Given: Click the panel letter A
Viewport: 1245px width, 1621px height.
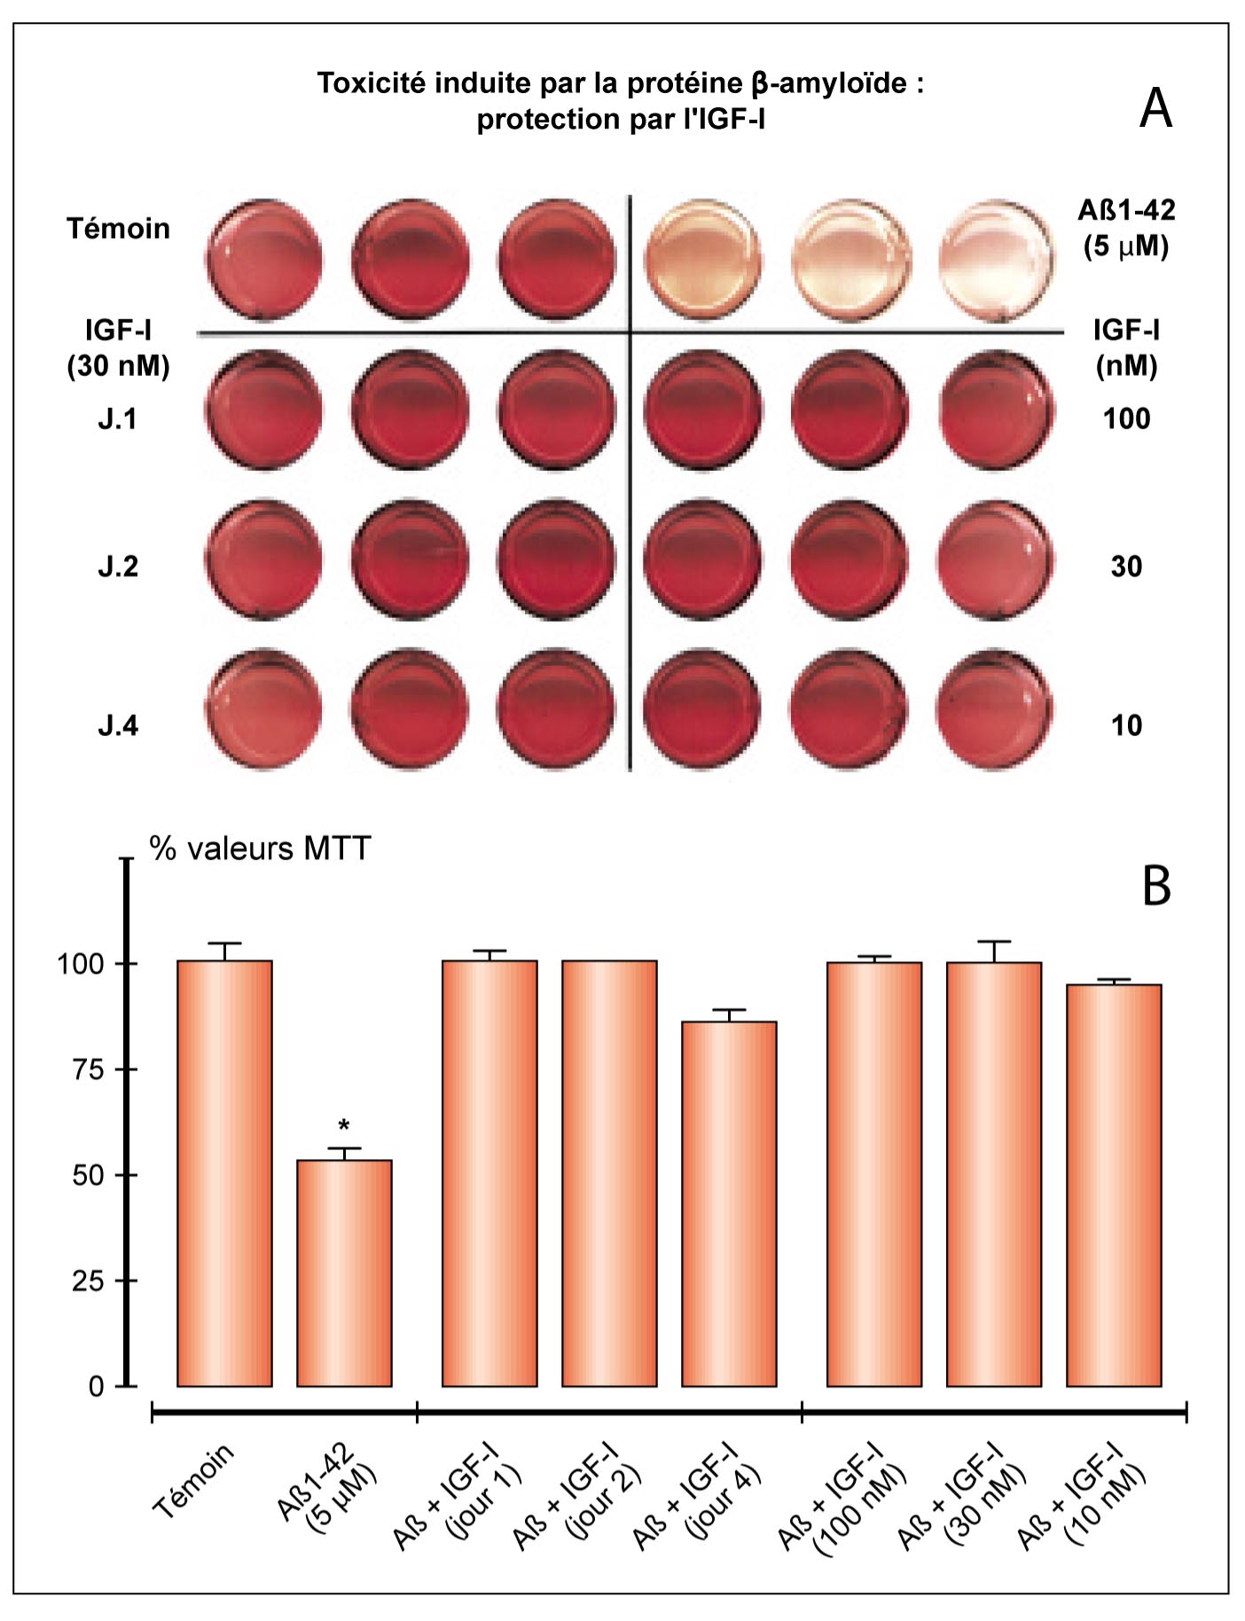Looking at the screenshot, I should coord(1155,109).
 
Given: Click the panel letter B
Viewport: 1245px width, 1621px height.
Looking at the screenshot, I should coord(1156,885).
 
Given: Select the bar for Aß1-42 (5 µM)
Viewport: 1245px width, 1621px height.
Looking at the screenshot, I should coord(344,1272).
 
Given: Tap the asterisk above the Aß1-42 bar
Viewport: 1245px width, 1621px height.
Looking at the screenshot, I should coord(344,1127).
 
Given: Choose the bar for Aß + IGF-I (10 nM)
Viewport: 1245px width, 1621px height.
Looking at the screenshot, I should coord(1114,1185).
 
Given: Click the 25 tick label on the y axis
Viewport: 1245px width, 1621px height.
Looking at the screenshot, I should coord(89,1280).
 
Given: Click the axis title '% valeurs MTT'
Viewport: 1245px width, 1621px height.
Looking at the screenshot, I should coord(260,849).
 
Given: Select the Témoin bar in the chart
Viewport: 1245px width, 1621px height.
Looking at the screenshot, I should coord(224,1172).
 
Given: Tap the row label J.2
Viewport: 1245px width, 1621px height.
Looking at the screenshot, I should coord(118,566).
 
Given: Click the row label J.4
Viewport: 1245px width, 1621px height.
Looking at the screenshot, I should coord(118,725).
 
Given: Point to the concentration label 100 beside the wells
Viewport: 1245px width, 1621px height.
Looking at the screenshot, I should coord(1126,419).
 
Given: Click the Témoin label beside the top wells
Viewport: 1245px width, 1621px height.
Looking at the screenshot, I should coord(118,229).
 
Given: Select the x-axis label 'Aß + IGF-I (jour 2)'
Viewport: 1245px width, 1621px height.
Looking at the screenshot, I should coord(578,1499).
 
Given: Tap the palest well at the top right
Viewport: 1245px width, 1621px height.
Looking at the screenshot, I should coord(996,260).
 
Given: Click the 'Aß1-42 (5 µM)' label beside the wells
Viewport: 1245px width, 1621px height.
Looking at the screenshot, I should coord(1126,228).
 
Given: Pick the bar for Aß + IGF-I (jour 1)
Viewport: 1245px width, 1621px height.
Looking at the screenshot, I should coord(489,1172).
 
